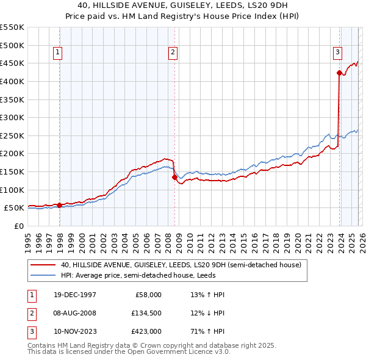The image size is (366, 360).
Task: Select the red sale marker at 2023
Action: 339,73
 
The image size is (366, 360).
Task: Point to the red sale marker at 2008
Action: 174,178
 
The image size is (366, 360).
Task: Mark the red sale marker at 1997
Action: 59,205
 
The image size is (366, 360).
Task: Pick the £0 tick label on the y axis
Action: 18,226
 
